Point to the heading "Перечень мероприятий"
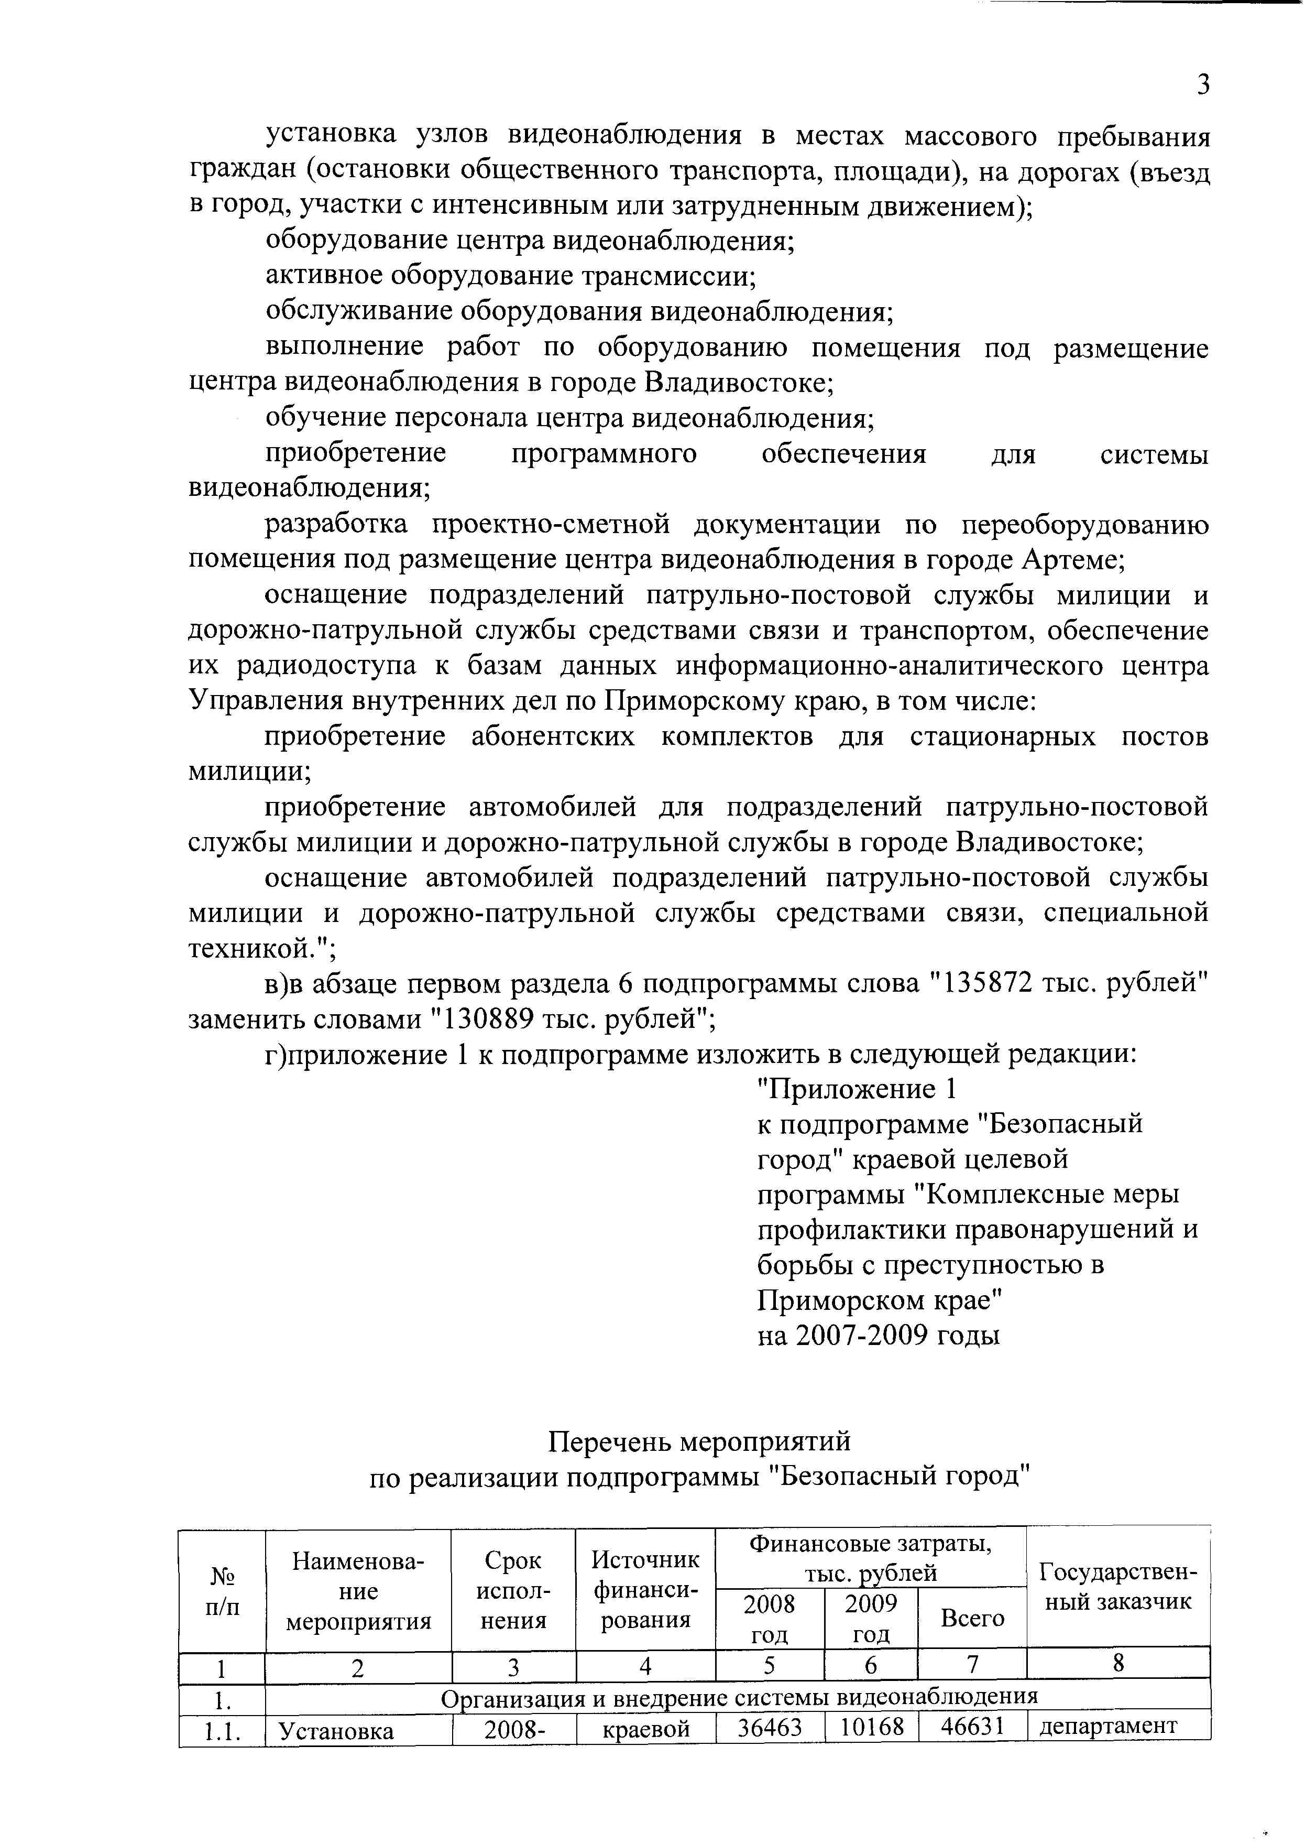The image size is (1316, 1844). (699, 1442)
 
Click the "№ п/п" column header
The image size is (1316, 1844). (222, 1591)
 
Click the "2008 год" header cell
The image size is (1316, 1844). (769, 1618)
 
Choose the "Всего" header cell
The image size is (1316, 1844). (972, 1619)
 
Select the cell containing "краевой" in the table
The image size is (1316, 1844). (646, 1729)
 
